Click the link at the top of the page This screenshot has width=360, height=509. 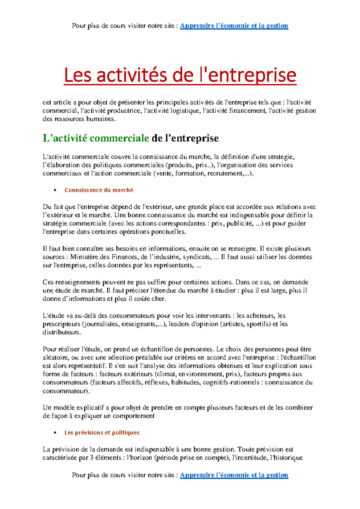point(234,26)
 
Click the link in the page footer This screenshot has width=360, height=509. point(234,475)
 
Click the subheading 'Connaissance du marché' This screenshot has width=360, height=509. point(99,190)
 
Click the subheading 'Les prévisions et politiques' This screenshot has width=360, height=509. point(102,433)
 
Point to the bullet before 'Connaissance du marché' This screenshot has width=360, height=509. point(55,190)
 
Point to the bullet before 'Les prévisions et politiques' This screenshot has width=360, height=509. point(55,433)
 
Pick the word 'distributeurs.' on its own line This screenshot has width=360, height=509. point(62,332)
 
